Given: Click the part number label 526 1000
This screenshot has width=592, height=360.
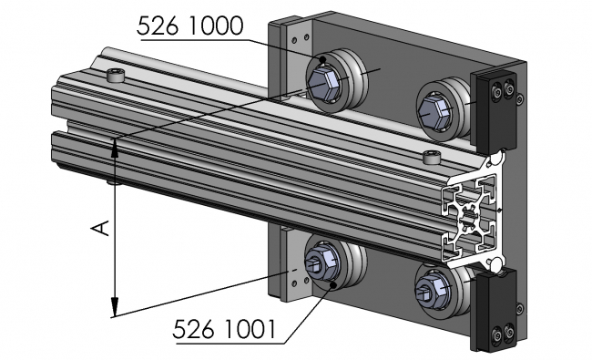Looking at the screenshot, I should click(189, 26).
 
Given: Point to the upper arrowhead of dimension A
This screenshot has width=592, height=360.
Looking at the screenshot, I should click(115, 146).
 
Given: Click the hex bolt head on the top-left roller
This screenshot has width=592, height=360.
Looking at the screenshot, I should click(322, 83).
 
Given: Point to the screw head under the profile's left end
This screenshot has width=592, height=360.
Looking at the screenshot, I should click(112, 182).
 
